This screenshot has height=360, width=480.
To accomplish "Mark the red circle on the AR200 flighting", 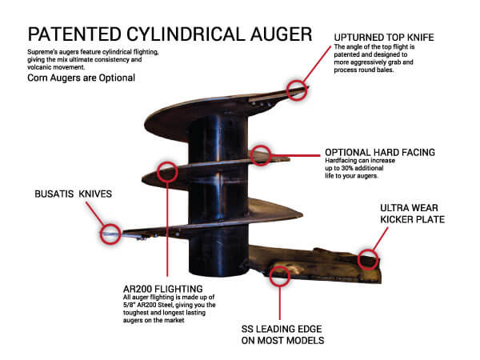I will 167,170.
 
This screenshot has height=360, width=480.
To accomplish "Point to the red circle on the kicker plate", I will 367,258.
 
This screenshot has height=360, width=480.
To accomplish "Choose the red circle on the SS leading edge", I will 279,275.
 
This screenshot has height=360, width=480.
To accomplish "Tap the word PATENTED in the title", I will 66,35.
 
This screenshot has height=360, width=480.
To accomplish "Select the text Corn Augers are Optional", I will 73,78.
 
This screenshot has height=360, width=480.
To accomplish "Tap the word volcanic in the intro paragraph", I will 45,66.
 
